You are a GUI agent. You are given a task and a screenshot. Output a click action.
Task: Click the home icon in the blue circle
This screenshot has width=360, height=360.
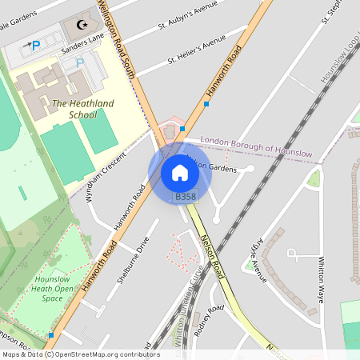point(180,173)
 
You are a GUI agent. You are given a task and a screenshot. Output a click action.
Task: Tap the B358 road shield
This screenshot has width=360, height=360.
point(185,197)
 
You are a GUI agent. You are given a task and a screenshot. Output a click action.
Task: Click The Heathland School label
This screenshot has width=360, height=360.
point(82,109)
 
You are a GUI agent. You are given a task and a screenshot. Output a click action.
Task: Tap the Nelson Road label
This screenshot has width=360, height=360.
point(214,258)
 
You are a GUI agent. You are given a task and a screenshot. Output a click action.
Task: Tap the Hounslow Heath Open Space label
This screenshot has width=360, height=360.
point(52,289)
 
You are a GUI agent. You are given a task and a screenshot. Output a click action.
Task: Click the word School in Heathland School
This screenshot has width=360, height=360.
point(82,114)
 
